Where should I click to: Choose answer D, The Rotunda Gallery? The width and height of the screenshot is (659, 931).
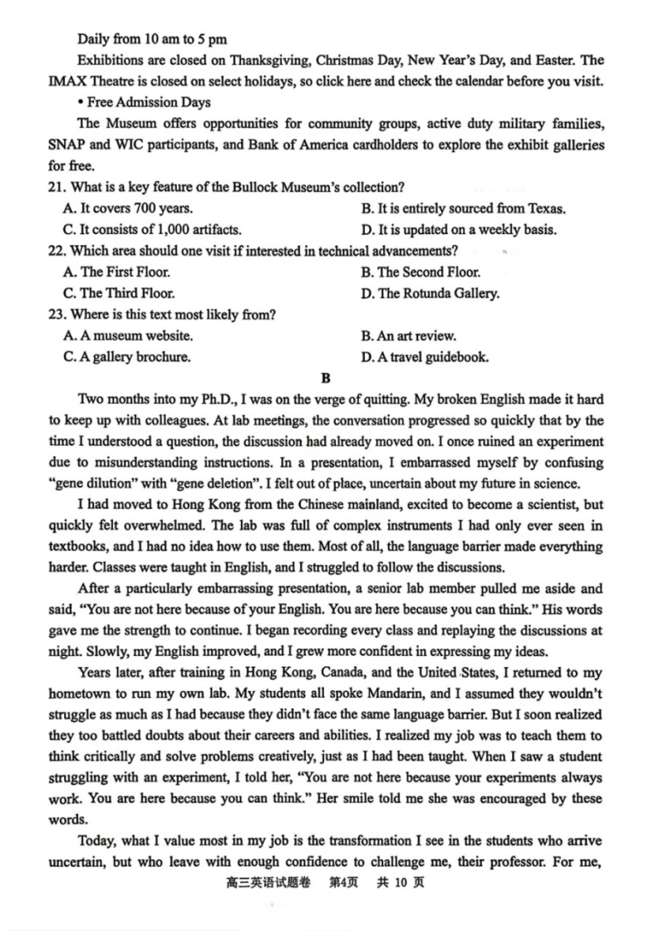click(430, 293)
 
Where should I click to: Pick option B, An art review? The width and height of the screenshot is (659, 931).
click(408, 336)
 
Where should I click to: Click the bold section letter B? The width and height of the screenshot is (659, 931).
click(326, 379)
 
